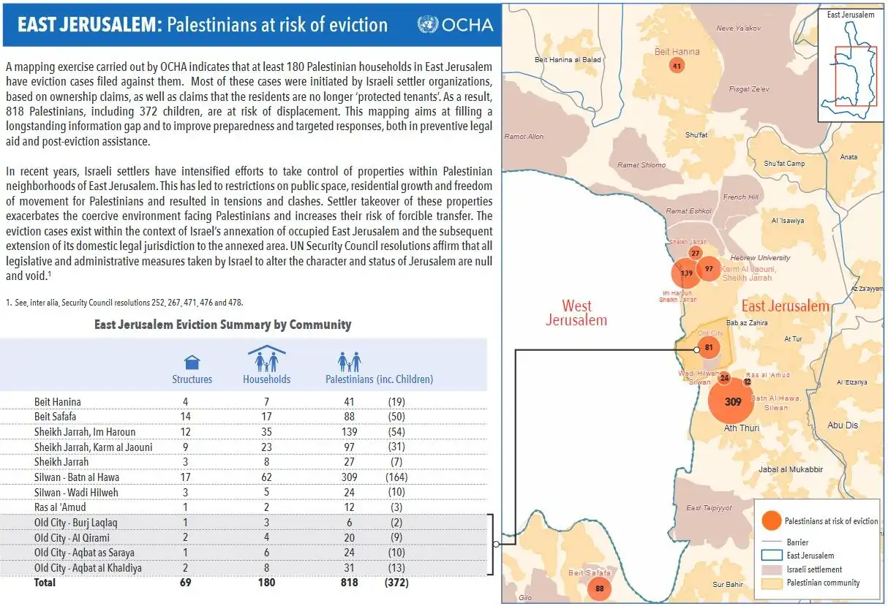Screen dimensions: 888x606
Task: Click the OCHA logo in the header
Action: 455,25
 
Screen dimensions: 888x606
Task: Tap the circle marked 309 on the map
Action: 731,401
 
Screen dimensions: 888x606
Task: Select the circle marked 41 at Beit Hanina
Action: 677,66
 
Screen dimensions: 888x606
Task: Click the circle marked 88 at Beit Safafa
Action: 599,588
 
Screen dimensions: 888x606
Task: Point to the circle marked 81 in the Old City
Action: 709,348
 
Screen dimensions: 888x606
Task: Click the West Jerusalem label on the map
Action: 576,313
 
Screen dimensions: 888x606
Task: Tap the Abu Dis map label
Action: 843,425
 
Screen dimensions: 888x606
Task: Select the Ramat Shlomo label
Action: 641,165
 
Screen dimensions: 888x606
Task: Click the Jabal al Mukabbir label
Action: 791,470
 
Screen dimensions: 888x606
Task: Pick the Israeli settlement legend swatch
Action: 772,569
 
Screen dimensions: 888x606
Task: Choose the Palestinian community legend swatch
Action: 772,583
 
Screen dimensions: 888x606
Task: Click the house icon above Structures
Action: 192,362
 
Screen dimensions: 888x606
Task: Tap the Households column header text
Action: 267,379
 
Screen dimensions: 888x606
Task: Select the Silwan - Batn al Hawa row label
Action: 77,477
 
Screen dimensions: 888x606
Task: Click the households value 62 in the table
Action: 266,477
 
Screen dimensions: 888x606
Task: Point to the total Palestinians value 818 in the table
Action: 349,583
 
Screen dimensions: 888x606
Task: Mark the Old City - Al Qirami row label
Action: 72,538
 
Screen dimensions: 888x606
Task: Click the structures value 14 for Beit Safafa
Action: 185,417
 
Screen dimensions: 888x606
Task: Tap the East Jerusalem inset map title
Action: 851,15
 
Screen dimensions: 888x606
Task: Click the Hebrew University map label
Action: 760,258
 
